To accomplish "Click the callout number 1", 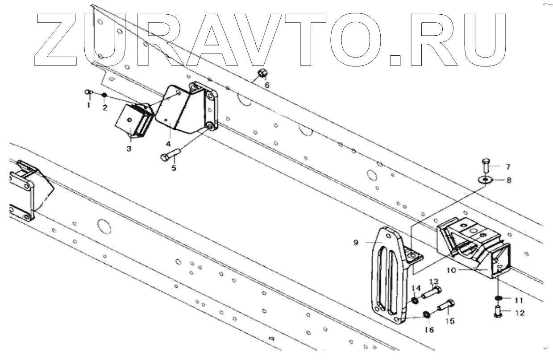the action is [88, 105].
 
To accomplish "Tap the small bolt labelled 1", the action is [88, 92].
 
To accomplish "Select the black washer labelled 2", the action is [104, 95].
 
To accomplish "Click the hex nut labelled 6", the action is [262, 73].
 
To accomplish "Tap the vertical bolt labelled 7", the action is [486, 165].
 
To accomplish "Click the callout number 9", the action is [356, 242].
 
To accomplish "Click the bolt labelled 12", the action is [498, 313].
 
